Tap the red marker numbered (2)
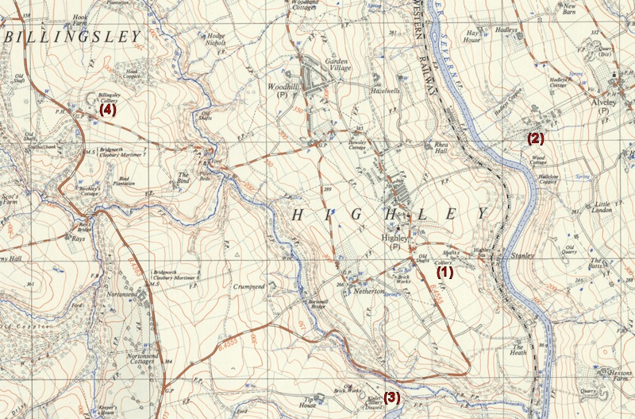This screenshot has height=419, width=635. [x=536, y=138]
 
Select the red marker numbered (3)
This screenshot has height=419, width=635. [x=391, y=397]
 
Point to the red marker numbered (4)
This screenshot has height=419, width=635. [x=108, y=111]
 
